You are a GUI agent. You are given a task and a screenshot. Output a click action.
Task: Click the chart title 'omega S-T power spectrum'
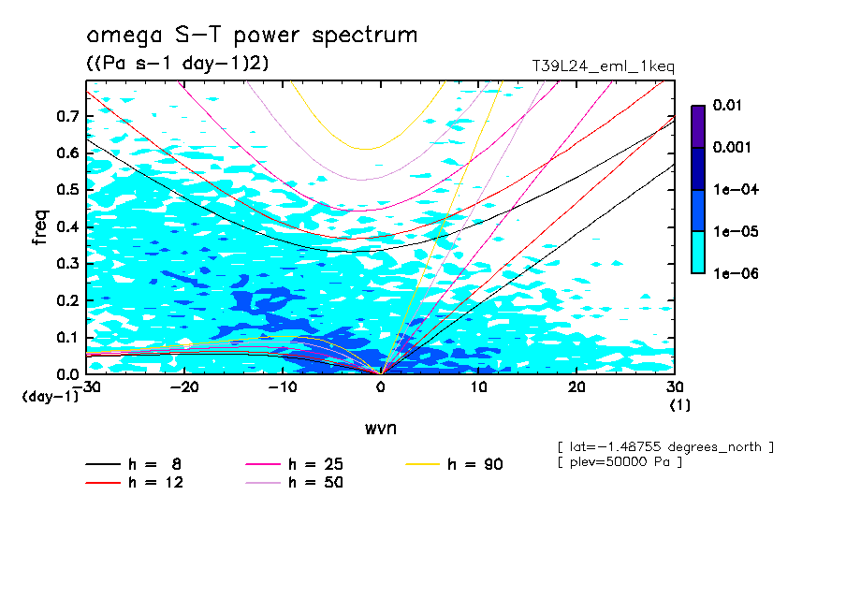[x=252, y=36]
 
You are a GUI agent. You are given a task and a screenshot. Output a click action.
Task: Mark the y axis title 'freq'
[x=39, y=227]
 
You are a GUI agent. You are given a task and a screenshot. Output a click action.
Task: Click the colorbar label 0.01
[x=726, y=106]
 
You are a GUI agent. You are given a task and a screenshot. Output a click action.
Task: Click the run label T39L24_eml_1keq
[x=602, y=66]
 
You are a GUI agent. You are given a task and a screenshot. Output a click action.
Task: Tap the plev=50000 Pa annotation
[x=620, y=462]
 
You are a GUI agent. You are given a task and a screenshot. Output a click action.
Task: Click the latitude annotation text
[x=664, y=445]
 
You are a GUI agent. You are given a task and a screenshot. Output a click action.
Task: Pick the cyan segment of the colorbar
[x=697, y=252]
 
